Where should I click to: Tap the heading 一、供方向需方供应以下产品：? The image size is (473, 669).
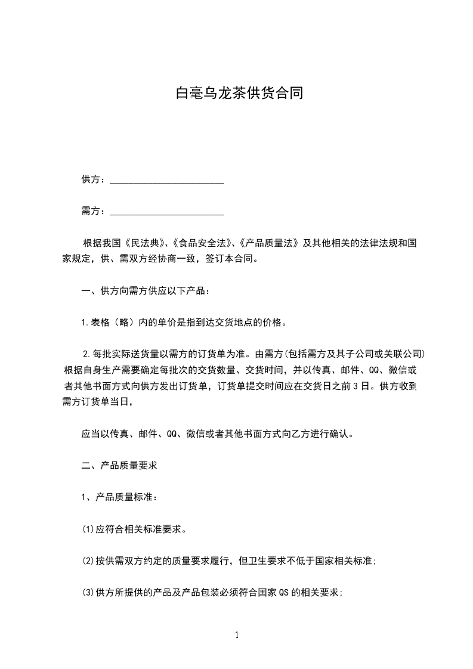tap(146, 292)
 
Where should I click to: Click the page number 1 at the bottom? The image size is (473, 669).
tap(237, 636)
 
